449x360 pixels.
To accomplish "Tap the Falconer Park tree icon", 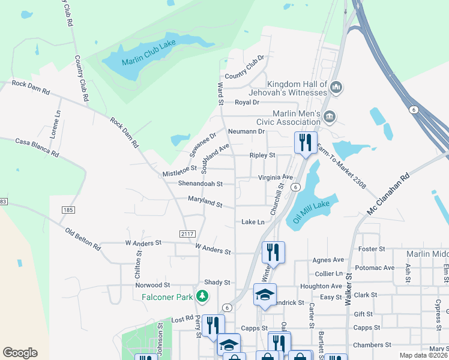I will click(x=203, y=296).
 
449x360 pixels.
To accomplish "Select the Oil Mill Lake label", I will click(x=312, y=209).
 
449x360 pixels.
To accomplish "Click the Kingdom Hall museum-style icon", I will click(x=336, y=88).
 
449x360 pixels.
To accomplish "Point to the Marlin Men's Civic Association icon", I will click(x=328, y=116).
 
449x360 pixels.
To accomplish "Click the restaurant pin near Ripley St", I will click(x=305, y=143).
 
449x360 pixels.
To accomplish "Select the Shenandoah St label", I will click(x=200, y=184).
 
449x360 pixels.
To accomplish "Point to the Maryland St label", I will click(x=205, y=202).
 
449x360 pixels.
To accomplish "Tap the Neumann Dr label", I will click(x=246, y=131).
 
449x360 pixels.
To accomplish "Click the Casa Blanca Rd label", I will click(x=37, y=147).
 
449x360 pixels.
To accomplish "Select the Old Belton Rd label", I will click(x=83, y=238).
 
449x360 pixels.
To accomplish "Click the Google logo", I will click(x=20, y=353).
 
